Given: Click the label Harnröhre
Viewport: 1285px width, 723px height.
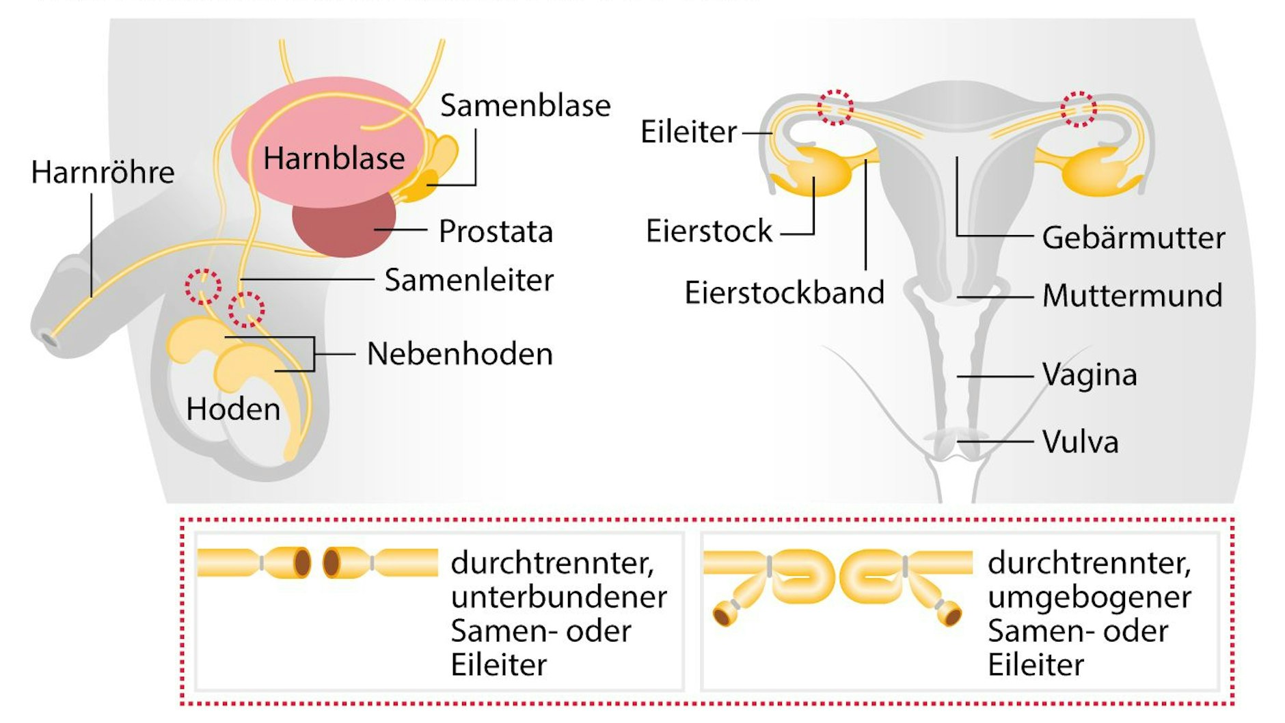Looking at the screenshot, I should [103, 172].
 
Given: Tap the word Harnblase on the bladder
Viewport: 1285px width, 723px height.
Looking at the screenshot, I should [334, 159].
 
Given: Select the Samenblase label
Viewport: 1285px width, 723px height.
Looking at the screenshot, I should [525, 105].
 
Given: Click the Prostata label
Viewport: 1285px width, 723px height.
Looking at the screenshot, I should [496, 231].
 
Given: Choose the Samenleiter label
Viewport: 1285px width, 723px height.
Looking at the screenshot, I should [469, 280].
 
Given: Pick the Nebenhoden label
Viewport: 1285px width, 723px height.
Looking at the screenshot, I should [459, 354].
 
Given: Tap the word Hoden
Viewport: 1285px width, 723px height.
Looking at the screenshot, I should [233, 409].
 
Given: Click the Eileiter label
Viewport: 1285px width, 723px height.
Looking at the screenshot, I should [688, 132].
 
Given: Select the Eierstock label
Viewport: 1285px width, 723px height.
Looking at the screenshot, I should [709, 231].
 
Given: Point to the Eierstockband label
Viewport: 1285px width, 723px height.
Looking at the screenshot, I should [784, 292].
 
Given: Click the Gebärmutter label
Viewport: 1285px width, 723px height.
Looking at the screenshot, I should [1133, 238].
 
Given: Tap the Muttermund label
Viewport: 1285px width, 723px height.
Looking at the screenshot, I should [1132, 295].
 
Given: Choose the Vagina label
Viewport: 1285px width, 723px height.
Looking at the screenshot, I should [1090, 374].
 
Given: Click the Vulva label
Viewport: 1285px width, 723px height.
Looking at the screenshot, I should [1080, 441].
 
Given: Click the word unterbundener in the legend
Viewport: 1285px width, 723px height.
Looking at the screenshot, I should [558, 597].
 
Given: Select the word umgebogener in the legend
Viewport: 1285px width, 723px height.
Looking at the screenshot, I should [1090, 597].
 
